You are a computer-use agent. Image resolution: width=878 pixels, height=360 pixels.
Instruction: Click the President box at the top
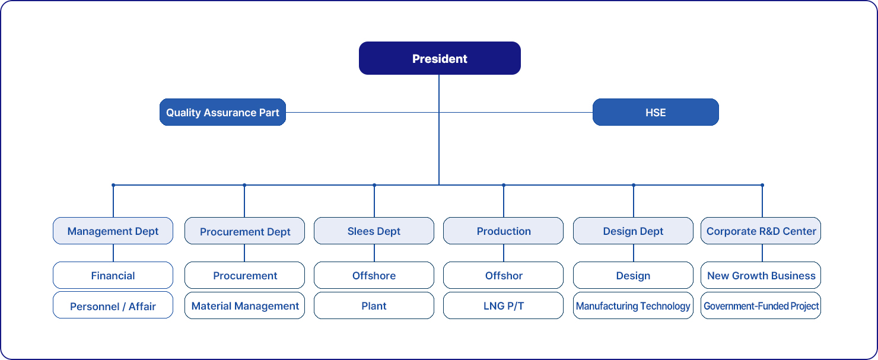tap(440, 58)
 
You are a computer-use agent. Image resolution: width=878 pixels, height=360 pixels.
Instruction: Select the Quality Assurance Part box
tap(222, 112)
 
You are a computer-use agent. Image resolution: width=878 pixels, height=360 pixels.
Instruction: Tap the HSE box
tap(656, 112)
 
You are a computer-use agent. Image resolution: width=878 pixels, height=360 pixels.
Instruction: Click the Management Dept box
tap(113, 231)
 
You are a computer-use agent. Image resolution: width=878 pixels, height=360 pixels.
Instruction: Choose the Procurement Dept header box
tap(244, 231)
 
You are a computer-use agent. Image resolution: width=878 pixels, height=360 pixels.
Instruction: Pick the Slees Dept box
tap(374, 231)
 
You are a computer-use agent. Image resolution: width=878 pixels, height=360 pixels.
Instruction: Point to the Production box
tap(503, 231)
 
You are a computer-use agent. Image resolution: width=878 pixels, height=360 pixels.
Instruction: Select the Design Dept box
tap(633, 231)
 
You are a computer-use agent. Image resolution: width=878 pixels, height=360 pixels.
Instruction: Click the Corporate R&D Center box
tap(761, 231)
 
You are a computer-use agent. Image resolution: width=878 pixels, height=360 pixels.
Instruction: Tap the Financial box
tap(113, 275)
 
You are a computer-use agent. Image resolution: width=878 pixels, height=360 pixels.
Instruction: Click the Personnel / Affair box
tap(113, 305)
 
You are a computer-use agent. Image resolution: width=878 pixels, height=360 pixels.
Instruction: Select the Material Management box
tap(244, 305)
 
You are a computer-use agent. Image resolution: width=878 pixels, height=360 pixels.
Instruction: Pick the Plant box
tap(374, 305)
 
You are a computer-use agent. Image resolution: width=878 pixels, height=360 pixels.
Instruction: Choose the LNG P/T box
tap(503, 305)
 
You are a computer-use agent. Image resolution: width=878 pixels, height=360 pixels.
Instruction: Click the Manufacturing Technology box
tap(633, 305)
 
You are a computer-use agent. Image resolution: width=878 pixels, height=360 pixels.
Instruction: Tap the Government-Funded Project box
tap(761, 305)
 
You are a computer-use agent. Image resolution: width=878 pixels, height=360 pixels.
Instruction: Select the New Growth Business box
tap(761, 275)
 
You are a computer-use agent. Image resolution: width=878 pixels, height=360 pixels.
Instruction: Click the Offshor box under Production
tap(503, 275)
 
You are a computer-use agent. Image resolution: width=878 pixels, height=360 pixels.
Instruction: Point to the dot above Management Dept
tap(113, 185)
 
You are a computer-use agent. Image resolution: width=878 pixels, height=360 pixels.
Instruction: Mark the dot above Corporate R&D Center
tap(762, 185)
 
